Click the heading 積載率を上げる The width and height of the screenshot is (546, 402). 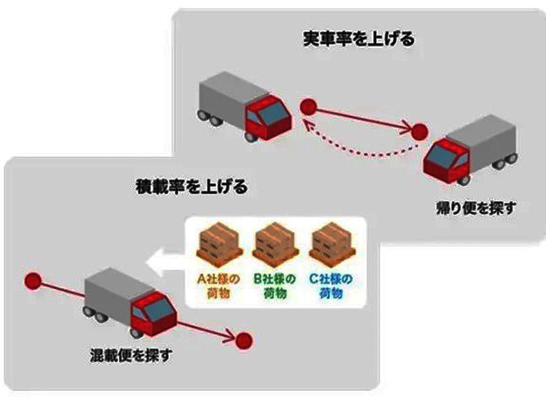[x=191, y=187]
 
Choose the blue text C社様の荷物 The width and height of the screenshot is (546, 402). [x=330, y=286]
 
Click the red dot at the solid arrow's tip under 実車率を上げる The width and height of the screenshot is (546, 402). [x=419, y=131]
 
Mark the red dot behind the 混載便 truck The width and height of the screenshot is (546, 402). [x=33, y=280]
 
